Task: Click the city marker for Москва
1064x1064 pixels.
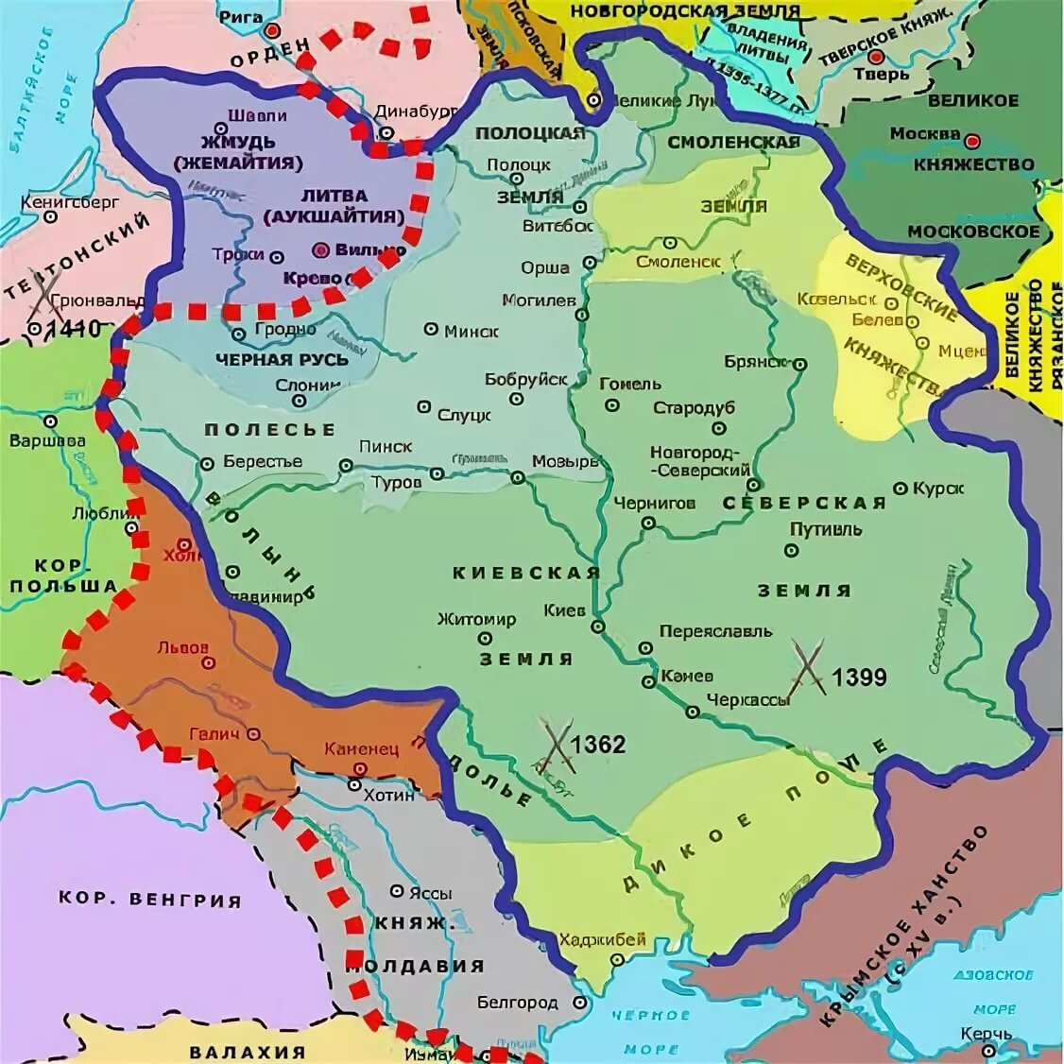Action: (972, 141)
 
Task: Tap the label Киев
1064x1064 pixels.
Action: (565, 610)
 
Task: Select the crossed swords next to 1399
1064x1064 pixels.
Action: (809, 667)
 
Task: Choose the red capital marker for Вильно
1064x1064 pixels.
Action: (321, 250)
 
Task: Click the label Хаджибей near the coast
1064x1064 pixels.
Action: (602, 939)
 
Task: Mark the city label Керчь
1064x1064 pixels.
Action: (987, 1034)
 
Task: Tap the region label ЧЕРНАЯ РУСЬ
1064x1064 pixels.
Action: (282, 359)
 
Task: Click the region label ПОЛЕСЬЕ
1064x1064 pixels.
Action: (269, 430)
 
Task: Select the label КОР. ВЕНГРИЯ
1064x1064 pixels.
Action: (150, 899)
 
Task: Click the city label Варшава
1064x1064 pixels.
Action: (47, 441)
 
